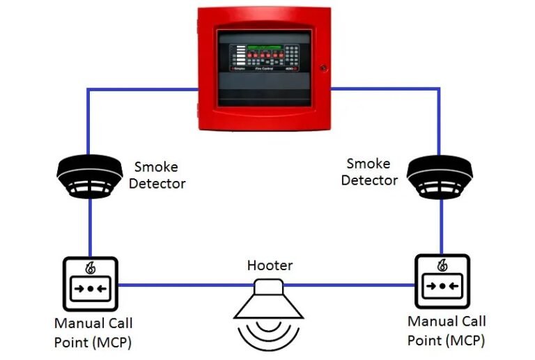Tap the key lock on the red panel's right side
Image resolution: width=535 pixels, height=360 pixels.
click(x=323, y=68)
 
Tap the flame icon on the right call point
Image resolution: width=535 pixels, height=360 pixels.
click(x=442, y=266)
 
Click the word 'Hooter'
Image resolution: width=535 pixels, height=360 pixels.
click(x=270, y=265)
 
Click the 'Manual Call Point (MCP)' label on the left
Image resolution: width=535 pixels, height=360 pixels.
click(x=93, y=332)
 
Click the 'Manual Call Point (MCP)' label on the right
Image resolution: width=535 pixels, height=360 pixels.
click(x=447, y=331)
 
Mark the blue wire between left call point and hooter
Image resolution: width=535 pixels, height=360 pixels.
click(x=181, y=285)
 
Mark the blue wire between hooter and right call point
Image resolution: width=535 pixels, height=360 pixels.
click(x=352, y=285)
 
